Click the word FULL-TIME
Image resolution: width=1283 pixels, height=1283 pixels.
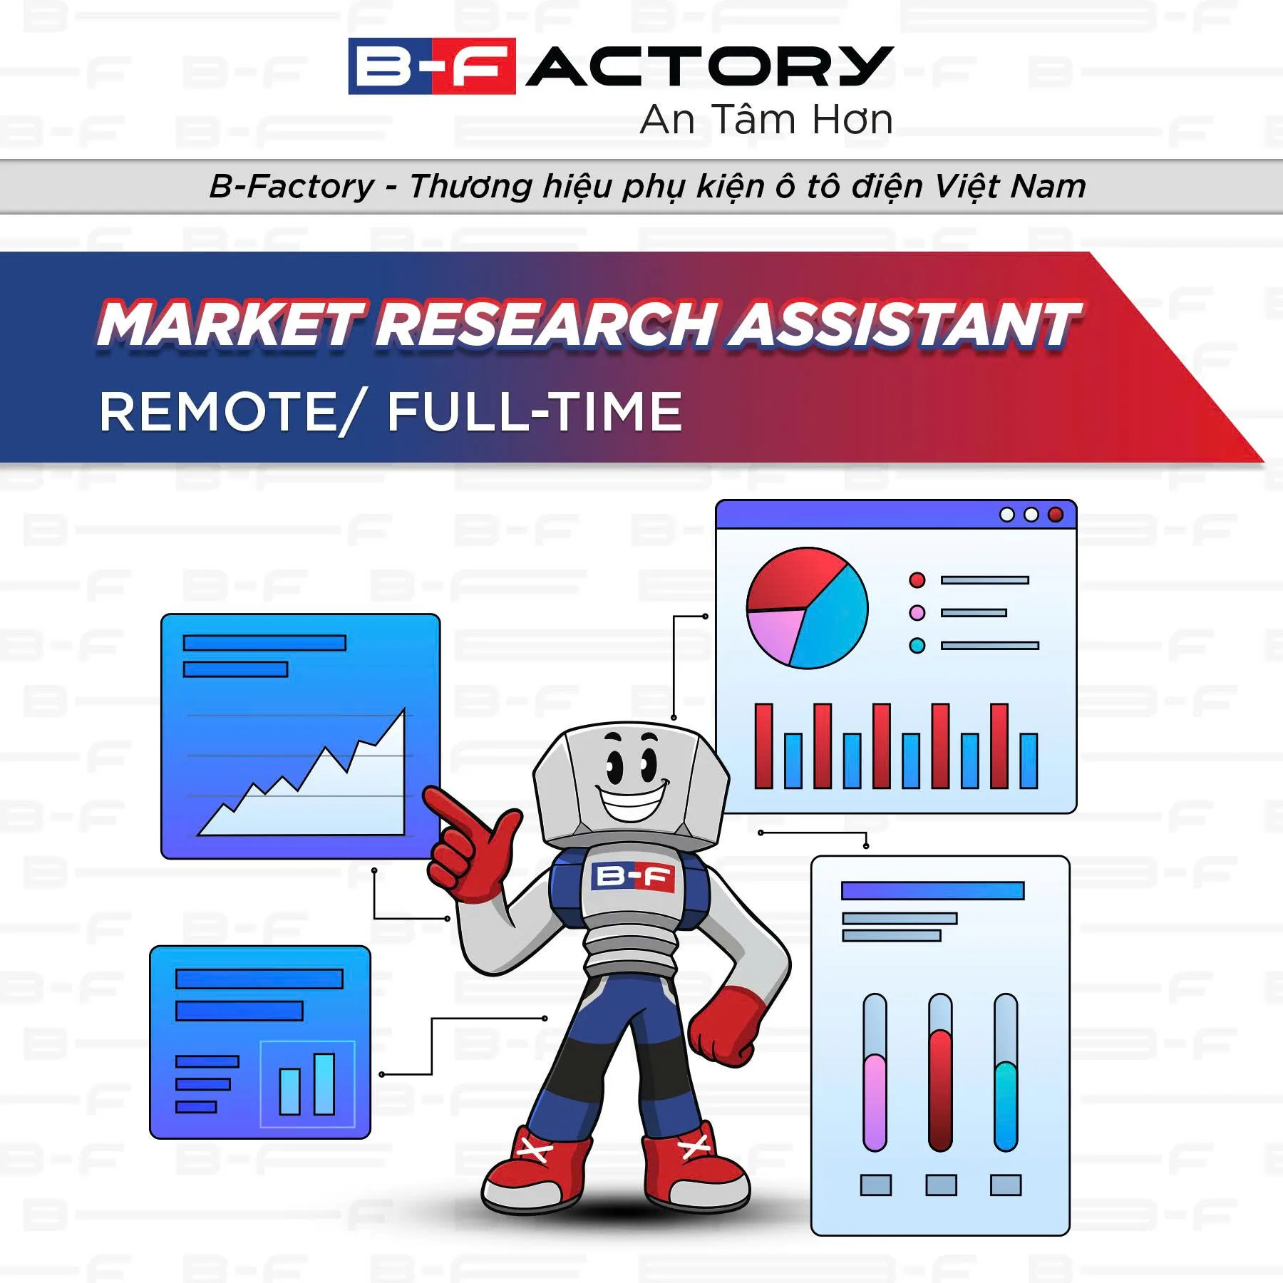coord(535,412)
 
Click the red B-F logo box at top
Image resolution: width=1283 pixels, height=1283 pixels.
coord(431,66)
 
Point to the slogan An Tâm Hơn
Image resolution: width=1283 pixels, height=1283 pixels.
coord(766,120)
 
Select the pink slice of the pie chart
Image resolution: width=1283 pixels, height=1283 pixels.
coord(773,634)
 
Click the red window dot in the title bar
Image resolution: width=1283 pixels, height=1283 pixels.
coord(1056,515)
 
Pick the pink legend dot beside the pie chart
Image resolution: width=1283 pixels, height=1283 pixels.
coord(917,612)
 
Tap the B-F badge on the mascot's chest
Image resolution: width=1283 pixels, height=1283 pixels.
coord(633,877)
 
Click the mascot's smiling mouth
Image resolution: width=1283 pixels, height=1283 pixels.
coord(631,802)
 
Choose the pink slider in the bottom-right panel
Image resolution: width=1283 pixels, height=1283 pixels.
coord(875,1101)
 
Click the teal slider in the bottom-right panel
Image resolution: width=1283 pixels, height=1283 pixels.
coord(1006,1105)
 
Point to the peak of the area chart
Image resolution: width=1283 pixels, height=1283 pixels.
coord(403,711)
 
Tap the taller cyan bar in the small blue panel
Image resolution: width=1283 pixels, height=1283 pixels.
coord(324,1083)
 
